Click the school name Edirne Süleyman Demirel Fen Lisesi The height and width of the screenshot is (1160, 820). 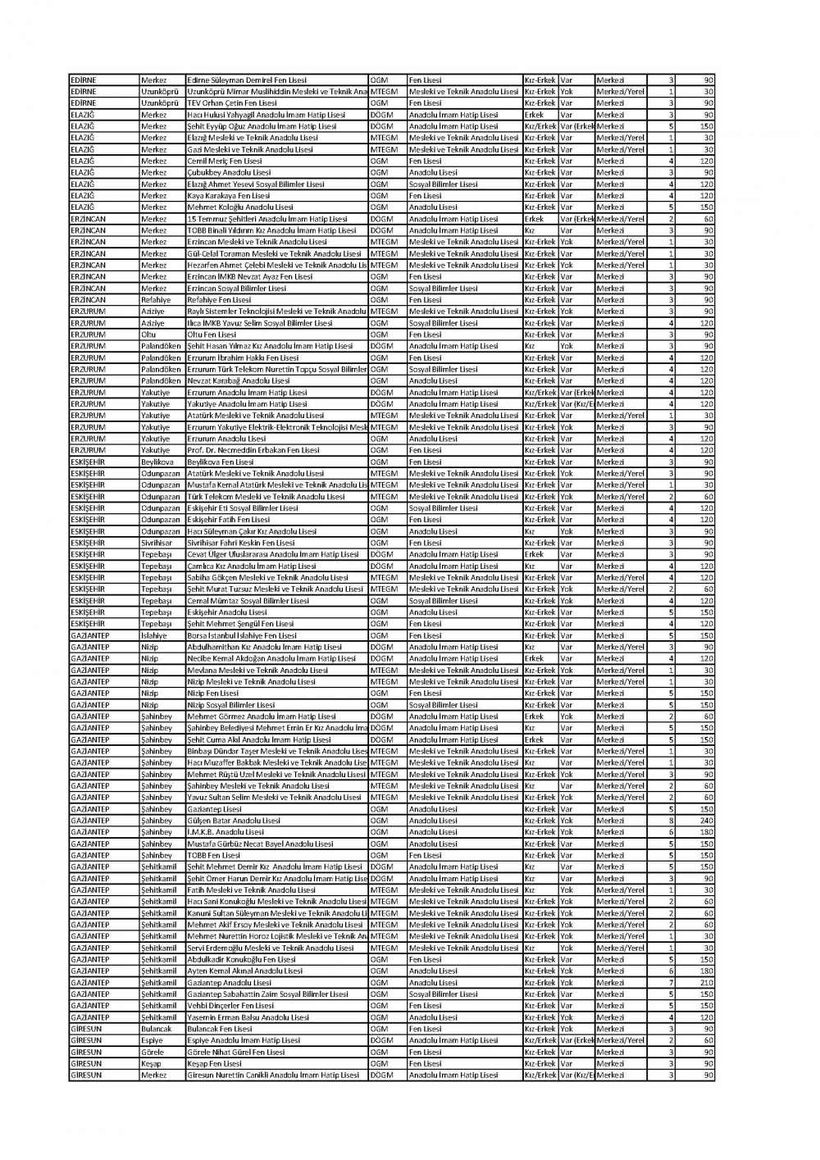tap(247, 80)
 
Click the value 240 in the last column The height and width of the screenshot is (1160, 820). tap(706, 821)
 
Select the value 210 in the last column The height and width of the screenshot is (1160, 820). tap(706, 983)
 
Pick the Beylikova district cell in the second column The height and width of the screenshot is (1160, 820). tap(157, 462)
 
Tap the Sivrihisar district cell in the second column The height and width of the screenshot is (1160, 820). tap(157, 543)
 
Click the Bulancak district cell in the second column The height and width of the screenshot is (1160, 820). tap(157, 1029)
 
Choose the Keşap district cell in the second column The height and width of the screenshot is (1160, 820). tap(152, 1064)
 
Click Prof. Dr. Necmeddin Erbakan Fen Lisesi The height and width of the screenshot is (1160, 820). tap(253, 451)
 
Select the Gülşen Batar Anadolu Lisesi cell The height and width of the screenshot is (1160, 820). tap(234, 821)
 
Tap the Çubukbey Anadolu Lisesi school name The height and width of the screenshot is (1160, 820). tap(229, 173)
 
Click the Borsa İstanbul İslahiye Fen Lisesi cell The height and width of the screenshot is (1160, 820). tap(242, 635)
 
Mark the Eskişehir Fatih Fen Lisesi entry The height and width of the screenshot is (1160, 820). tap(228, 520)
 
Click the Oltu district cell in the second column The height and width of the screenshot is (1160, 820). tap(148, 334)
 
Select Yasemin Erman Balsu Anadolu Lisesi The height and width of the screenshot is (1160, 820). tap(248, 1017)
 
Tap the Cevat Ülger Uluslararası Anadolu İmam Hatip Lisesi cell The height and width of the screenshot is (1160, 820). tap(273, 555)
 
